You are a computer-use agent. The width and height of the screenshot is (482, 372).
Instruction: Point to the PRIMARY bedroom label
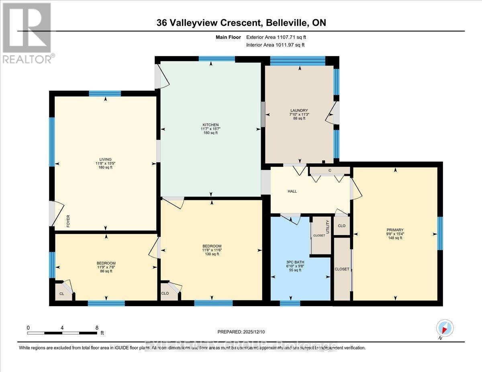(395, 230)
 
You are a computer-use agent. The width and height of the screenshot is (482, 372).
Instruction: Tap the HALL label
(292, 191)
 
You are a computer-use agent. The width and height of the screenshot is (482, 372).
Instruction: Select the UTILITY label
(328, 226)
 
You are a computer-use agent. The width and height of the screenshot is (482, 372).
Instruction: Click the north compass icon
(445, 328)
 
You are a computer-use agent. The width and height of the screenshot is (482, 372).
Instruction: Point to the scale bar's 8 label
(97, 327)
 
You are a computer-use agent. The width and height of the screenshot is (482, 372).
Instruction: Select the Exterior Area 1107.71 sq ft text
(278, 37)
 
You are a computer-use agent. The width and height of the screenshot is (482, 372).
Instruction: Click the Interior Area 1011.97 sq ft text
(275, 45)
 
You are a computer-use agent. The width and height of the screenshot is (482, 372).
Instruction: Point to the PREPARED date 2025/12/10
(241, 332)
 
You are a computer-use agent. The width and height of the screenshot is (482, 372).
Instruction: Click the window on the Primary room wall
(440, 233)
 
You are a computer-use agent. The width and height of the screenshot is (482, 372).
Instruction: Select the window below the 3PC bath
(290, 303)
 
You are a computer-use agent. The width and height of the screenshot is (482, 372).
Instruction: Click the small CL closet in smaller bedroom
(63, 293)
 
